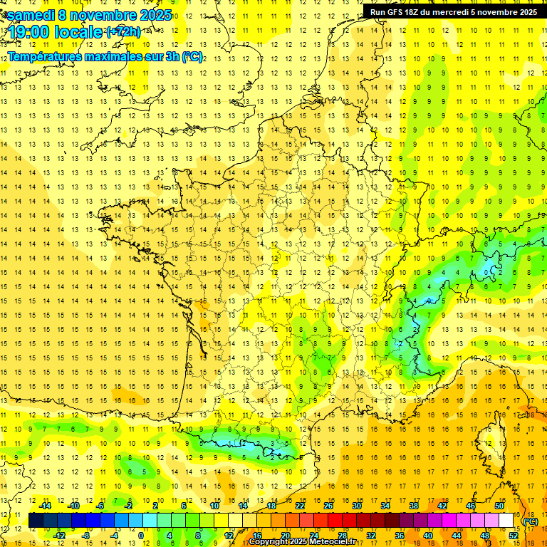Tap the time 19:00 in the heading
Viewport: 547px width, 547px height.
coord(29,32)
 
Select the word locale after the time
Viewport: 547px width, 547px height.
coord(78,32)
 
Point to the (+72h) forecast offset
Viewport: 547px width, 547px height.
coord(123,32)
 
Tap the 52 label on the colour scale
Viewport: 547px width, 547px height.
coord(514,535)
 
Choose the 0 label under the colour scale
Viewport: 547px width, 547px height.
coord(142,535)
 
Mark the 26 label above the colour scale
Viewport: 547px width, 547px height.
coord(328,506)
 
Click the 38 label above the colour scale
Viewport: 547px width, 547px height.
coord(414,506)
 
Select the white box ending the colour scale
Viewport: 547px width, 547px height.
coord(506,521)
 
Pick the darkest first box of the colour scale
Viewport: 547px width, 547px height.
coord(36,521)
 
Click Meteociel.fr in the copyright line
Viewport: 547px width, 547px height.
coord(335,542)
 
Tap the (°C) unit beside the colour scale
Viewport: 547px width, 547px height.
coord(531,521)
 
